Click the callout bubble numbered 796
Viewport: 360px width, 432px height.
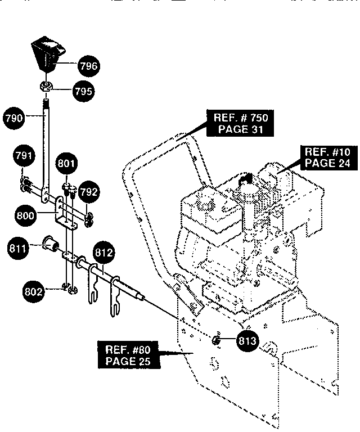pyautogui.click(x=89, y=66)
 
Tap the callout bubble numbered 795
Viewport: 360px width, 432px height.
pyautogui.click(x=83, y=91)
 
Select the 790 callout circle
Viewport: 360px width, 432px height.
pyautogui.click(x=13, y=119)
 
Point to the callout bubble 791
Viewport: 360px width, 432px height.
pyautogui.click(x=24, y=156)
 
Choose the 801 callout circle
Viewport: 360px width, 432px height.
pyautogui.click(x=67, y=163)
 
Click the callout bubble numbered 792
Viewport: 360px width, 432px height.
pyautogui.click(x=88, y=192)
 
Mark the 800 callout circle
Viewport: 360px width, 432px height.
pyautogui.click(x=25, y=215)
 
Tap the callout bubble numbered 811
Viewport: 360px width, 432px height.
pyautogui.click(x=18, y=249)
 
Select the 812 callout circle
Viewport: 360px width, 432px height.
pyautogui.click(x=104, y=253)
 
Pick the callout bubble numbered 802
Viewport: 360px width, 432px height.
pyautogui.click(x=33, y=292)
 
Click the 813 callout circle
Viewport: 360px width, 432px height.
pyautogui.click(x=247, y=341)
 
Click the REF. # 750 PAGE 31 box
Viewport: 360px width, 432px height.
pyautogui.click(x=240, y=123)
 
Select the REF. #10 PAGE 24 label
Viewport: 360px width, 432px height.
pyautogui.click(x=327, y=157)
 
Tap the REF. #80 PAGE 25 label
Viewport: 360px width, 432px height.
pyautogui.click(x=129, y=355)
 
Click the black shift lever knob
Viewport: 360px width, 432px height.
pyautogui.click(x=49, y=53)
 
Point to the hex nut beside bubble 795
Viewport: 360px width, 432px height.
pyautogui.click(x=46, y=87)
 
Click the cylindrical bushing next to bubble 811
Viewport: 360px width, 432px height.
pyautogui.click(x=50, y=242)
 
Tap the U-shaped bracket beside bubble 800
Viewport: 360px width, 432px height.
pyautogui.click(x=64, y=214)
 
